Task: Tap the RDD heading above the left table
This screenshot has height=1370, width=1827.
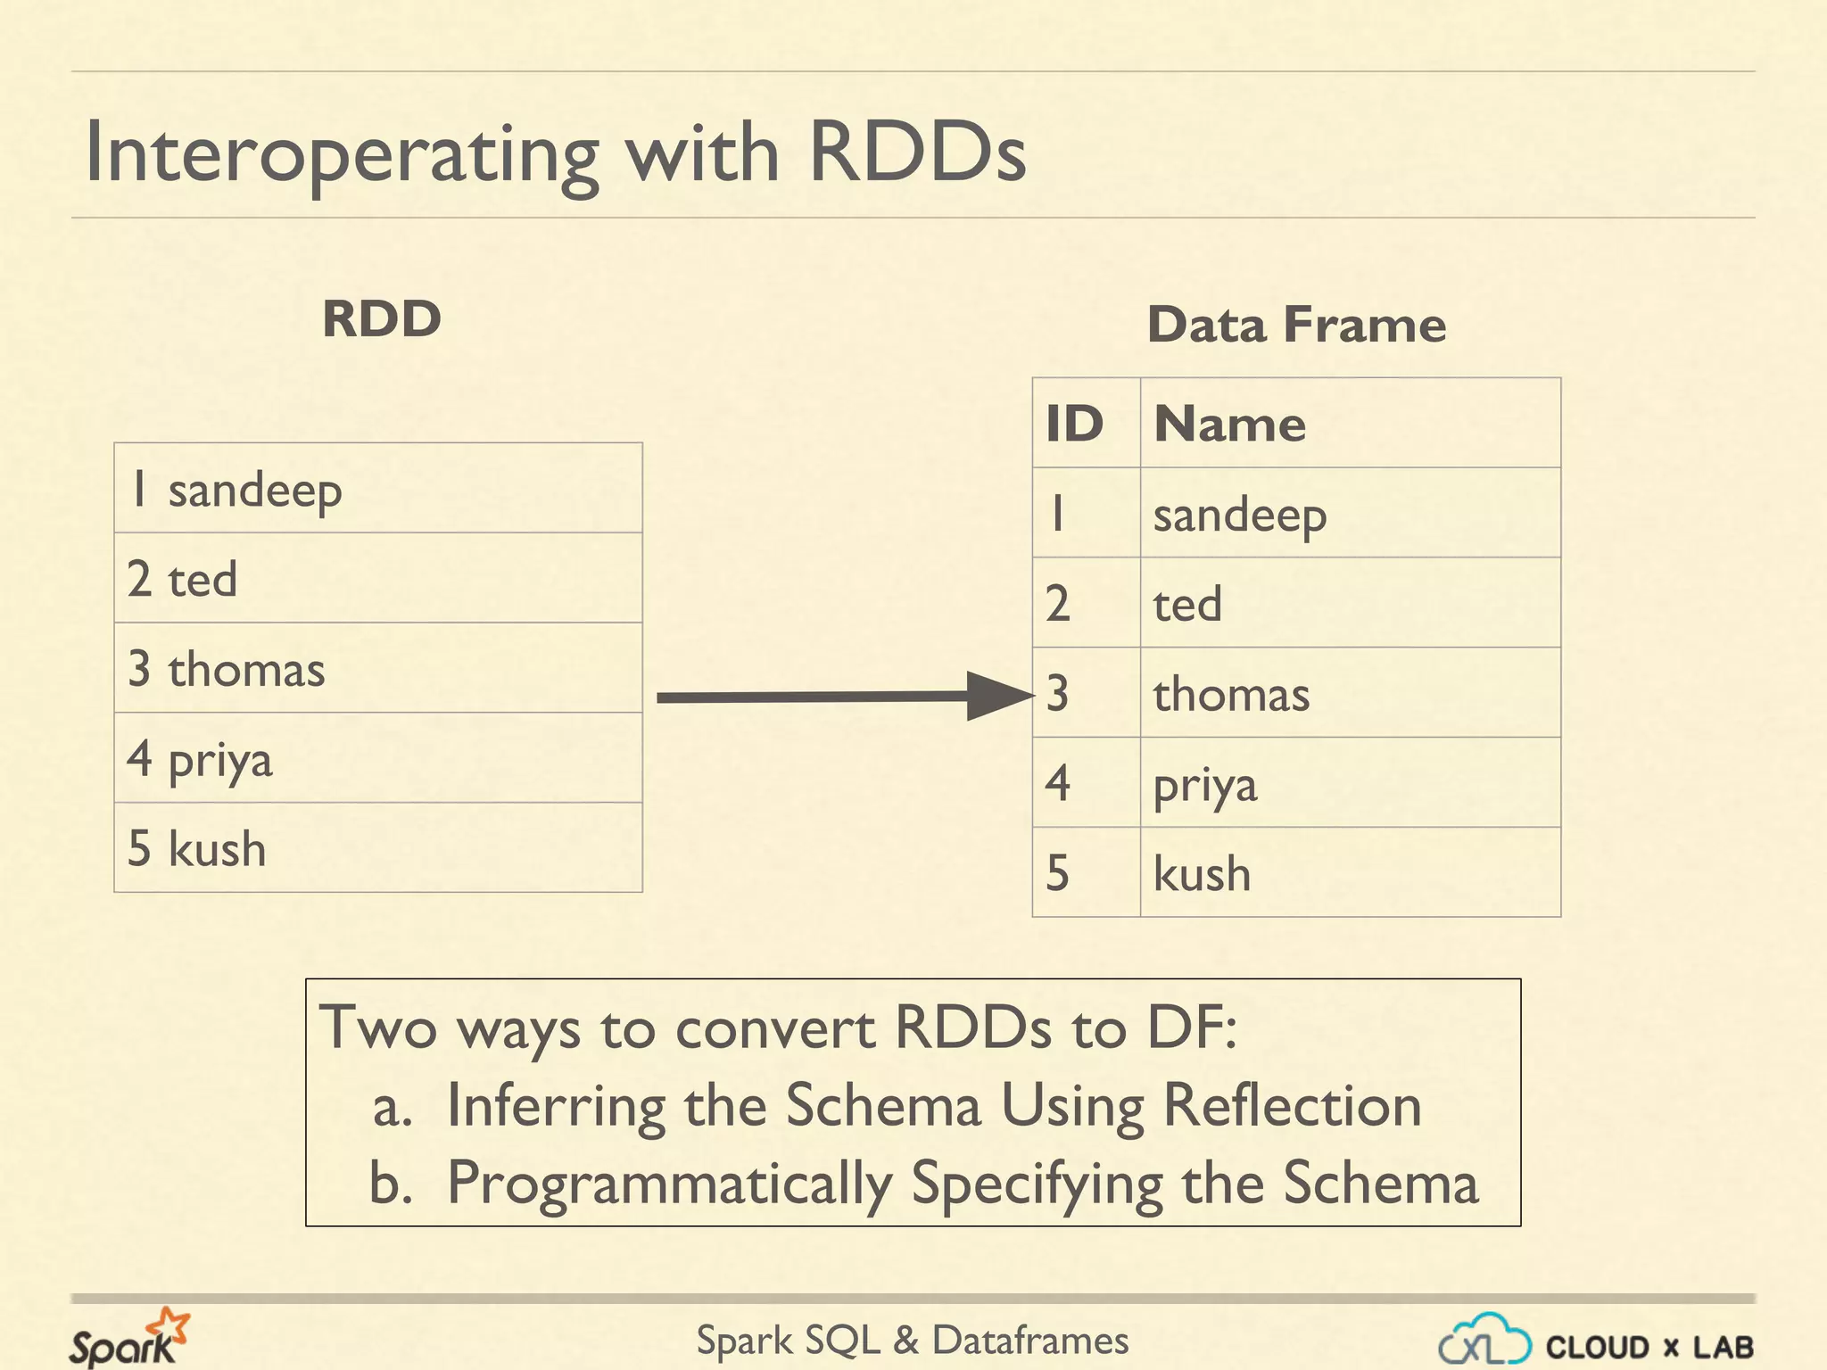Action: [x=382, y=319]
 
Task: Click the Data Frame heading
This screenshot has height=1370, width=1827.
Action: [x=1296, y=324]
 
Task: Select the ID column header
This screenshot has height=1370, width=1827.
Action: [x=1075, y=423]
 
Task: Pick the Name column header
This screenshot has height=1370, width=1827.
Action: [x=1229, y=423]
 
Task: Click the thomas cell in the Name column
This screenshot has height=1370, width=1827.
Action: [x=1231, y=694]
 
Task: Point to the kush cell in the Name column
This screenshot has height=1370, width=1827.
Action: [x=1202, y=873]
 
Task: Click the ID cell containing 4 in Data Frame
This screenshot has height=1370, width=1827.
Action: [x=1058, y=783]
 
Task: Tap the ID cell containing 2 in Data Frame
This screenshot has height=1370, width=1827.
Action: [x=1058, y=604]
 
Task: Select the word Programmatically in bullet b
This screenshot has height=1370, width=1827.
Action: [x=669, y=1184]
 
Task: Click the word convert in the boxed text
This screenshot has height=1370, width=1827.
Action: [x=774, y=1028]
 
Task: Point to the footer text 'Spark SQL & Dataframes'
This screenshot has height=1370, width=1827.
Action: [x=912, y=1341]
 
